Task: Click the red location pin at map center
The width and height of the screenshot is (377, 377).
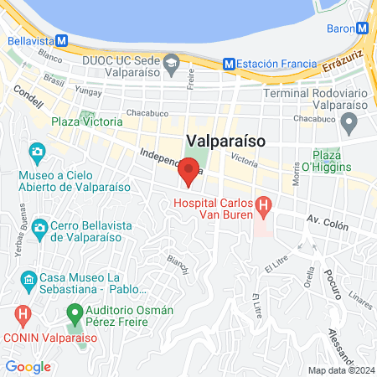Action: pos(189,173)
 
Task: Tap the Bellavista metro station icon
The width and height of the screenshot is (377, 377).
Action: pos(62,40)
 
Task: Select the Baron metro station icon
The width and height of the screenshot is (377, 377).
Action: pos(364,27)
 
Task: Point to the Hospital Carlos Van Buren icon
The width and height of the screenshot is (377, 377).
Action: pos(263,204)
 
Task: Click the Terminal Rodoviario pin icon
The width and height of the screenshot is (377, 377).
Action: pos(349,123)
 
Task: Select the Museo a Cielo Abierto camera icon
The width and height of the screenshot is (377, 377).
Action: pos(37,152)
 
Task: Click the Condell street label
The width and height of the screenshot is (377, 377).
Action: pos(28,101)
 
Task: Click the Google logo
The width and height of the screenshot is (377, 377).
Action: pos(28,366)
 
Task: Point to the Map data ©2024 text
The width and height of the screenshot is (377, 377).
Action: pos(340,370)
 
